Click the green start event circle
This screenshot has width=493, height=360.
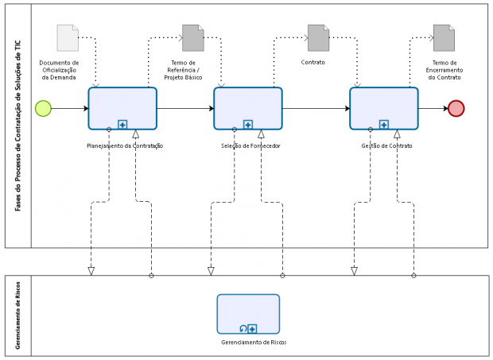tap(43, 108)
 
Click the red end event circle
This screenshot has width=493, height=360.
tap(456, 108)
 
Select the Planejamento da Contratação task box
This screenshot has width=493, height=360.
tap(122, 108)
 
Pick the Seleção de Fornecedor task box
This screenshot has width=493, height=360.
tap(248, 108)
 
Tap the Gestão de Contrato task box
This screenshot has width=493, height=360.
tap(384, 108)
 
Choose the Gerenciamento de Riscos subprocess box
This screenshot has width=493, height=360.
tap(248, 314)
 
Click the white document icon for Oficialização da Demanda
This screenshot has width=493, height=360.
tap(68, 38)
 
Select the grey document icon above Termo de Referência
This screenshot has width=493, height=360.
tap(193, 38)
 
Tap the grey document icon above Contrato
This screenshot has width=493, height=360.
tap(319, 38)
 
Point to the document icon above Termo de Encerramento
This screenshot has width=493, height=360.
tap(444, 38)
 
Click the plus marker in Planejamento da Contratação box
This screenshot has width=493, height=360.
tap(122, 125)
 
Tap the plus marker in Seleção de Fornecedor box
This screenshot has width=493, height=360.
tap(248, 125)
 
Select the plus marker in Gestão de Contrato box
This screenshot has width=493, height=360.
tap(384, 125)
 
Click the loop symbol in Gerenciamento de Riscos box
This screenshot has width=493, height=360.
tap(243, 329)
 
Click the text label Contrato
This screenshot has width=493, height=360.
tap(312, 62)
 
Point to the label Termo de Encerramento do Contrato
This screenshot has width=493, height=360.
tap(444, 70)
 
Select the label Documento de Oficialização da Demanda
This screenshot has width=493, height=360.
tap(59, 70)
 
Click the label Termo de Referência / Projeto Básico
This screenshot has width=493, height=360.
tap(183, 70)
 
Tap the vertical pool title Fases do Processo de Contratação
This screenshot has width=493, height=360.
tap(18, 126)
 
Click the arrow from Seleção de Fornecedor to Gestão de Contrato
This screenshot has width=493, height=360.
tap(316, 108)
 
